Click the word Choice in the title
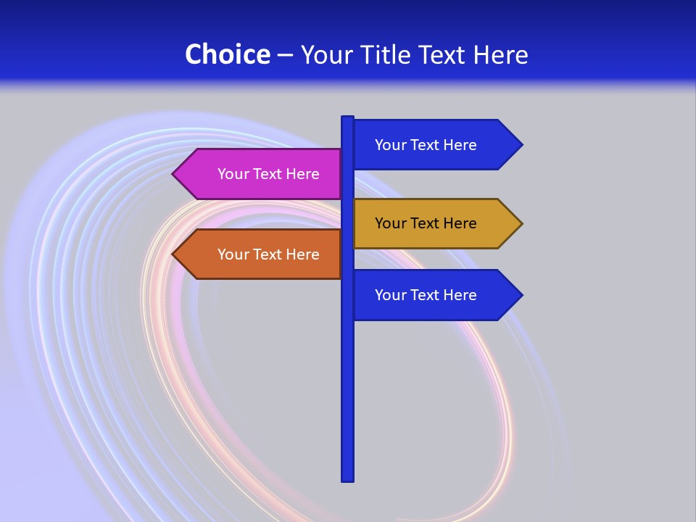pyautogui.click(x=227, y=54)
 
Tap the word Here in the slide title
pyautogui.click(x=500, y=54)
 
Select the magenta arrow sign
pyautogui.click(x=261, y=174)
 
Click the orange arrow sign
pyautogui.click(x=261, y=254)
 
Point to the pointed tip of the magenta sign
pyautogui.click(x=174, y=174)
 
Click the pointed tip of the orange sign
pyautogui.click(x=174, y=254)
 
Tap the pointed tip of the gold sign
pyautogui.click(x=521, y=223)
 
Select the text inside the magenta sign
pyautogui.click(x=268, y=174)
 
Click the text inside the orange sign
pyautogui.click(x=268, y=254)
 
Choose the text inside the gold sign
pyautogui.click(x=426, y=223)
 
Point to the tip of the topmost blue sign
pyautogui.click(x=521, y=144)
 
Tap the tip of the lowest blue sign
pyautogui.click(x=521, y=295)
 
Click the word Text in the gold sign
pyautogui.click(x=426, y=223)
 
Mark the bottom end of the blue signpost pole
pyautogui.click(x=347, y=478)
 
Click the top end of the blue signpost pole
pyautogui.click(x=347, y=119)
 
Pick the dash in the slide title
pyautogui.click(x=285, y=55)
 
